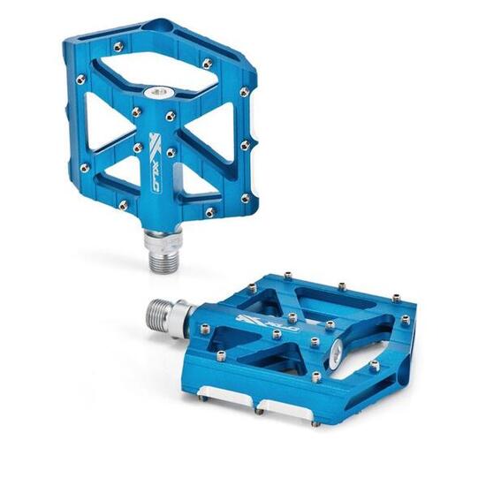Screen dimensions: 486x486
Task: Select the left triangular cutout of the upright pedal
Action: click(x=108, y=133)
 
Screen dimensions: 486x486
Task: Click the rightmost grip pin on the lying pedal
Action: click(x=405, y=320)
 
